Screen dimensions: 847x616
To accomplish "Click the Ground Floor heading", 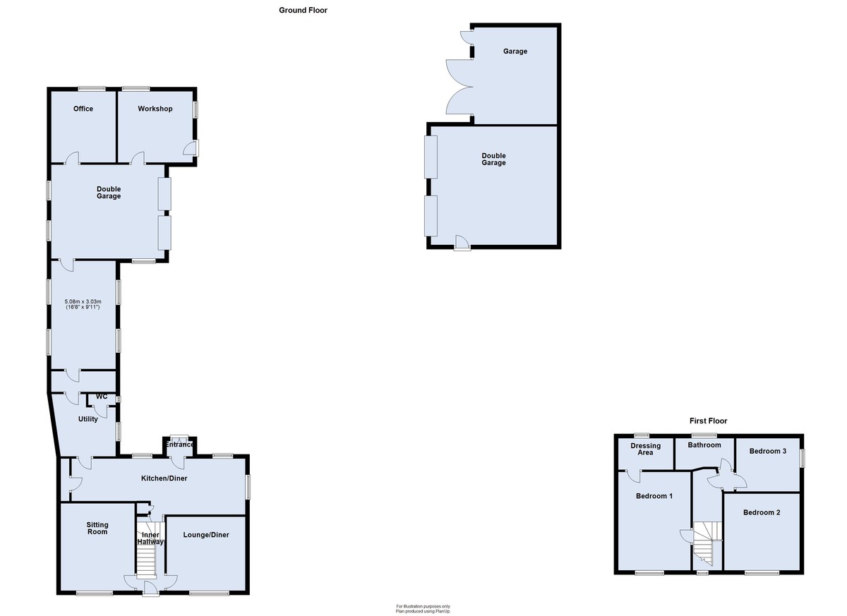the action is coord(303,10).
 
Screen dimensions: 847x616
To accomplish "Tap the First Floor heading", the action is coord(708,421).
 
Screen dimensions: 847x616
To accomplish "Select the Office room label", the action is coord(83,109).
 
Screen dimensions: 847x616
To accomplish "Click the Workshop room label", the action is coord(155,109).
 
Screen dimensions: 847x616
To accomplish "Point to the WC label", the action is coord(102,397).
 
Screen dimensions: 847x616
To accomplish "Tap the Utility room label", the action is coord(88,418).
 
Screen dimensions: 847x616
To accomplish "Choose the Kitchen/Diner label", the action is coord(164,478).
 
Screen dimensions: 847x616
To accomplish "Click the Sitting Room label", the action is coord(97,528).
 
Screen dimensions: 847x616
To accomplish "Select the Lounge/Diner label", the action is coord(206,535).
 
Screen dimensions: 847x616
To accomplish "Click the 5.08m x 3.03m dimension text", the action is coord(83,301).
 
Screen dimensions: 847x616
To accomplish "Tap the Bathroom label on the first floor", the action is coord(704,445).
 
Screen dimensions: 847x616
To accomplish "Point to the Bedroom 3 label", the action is coord(768,451).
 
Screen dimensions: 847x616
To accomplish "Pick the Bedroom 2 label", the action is coord(762,512).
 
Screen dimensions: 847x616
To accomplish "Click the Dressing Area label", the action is coord(645,449).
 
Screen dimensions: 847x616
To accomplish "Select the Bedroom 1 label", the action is coord(654,496).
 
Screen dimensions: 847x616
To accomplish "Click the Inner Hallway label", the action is coord(150,538).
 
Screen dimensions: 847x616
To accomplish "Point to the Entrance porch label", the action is coord(179,445).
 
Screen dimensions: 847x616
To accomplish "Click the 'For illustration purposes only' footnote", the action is coord(423,606).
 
